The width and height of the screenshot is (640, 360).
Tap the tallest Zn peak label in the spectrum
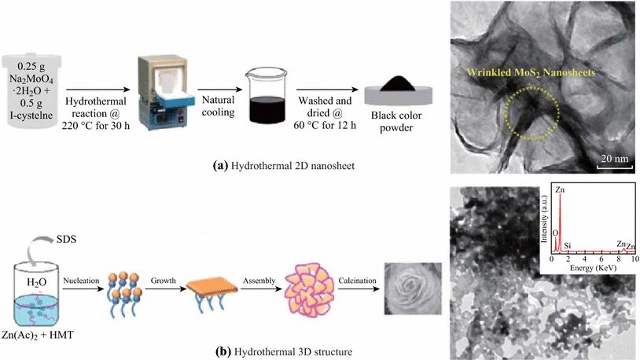tap(559, 190)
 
